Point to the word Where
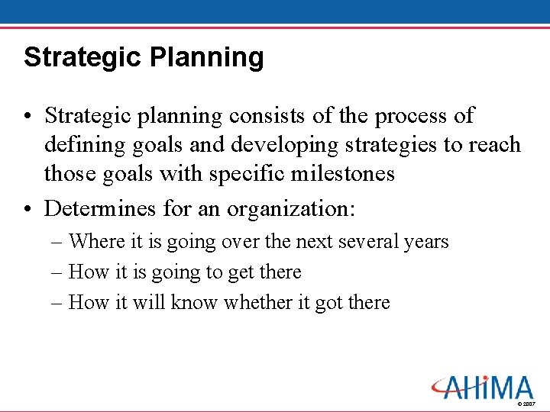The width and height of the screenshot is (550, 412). point(96,242)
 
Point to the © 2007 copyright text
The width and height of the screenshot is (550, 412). point(526,403)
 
